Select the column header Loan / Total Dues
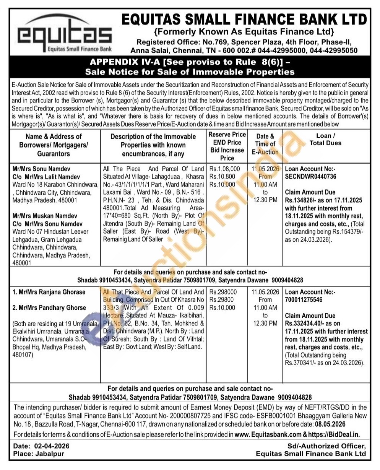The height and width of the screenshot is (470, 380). (326, 140)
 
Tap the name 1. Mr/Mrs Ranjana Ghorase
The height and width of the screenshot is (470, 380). (49, 292)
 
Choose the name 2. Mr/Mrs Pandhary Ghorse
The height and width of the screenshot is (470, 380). (50, 307)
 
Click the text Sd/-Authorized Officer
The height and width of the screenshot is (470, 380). (327, 446)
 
